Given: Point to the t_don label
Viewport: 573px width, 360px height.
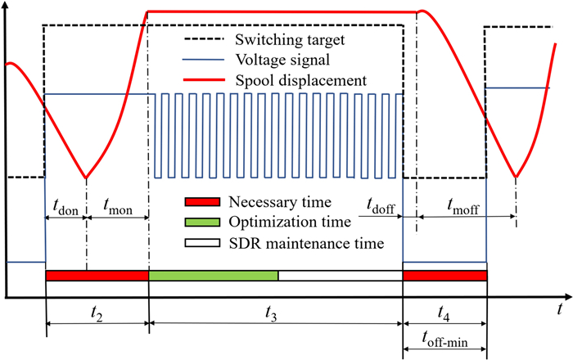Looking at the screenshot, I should coord(64,208).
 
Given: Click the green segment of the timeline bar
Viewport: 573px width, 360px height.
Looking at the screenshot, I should coord(214,276).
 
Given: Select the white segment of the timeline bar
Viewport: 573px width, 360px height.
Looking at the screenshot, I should coord(341,276).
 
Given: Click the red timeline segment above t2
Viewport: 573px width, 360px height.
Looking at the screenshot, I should coord(97,276).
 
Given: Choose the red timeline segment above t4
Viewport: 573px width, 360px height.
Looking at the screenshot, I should coord(445,276).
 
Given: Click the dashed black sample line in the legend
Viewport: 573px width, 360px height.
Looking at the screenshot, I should coord(199,38).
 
